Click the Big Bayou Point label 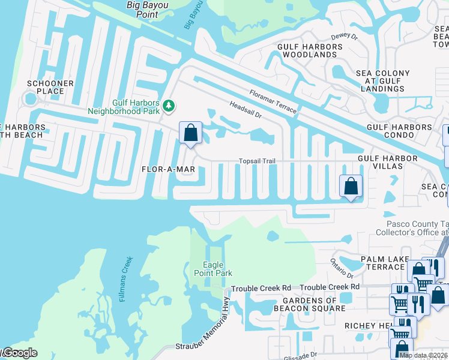(147, 9)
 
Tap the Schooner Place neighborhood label (50, 87)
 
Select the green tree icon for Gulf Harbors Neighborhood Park (170, 106)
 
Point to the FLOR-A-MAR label (169, 169)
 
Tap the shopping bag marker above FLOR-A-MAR (190, 133)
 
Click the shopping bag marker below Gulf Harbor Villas (351, 186)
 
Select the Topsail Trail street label (257, 161)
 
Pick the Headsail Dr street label (246, 109)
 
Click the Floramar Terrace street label (273, 100)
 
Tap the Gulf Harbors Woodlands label (307, 50)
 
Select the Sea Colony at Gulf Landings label (383, 81)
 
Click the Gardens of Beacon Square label (306, 304)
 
